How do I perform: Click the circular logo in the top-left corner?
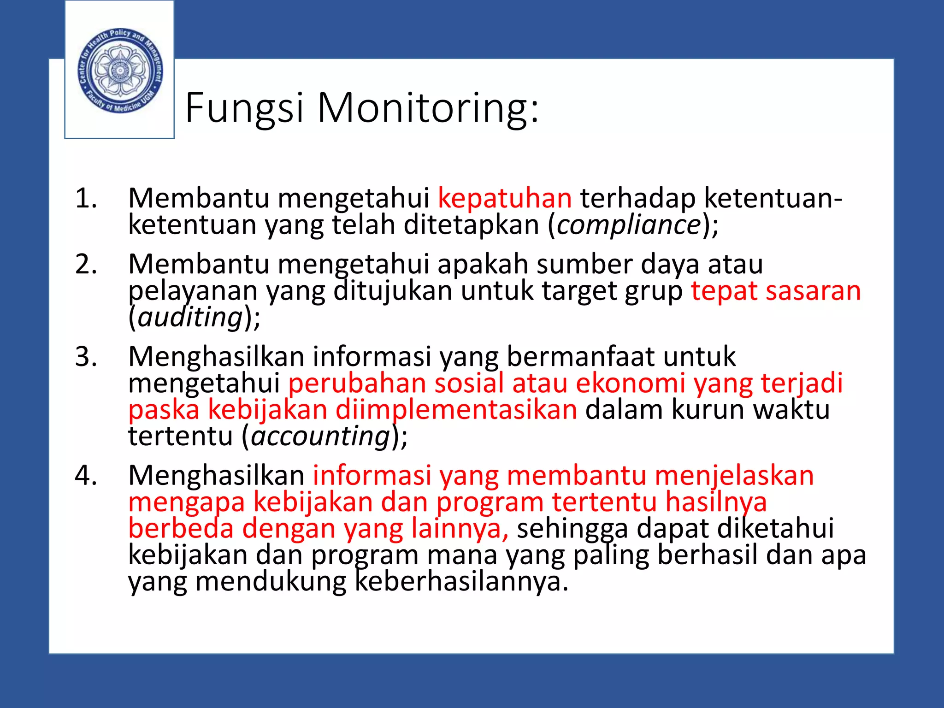coord(120,71)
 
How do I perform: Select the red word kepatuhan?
coord(504,198)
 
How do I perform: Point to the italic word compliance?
coord(629,225)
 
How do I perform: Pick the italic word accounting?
coord(321,436)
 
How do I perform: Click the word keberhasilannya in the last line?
coord(461,581)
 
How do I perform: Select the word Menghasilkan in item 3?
coord(216,356)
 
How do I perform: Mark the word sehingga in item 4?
coord(572,528)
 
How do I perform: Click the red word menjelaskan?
coord(734,475)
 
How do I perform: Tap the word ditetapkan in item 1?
coord(471,225)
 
